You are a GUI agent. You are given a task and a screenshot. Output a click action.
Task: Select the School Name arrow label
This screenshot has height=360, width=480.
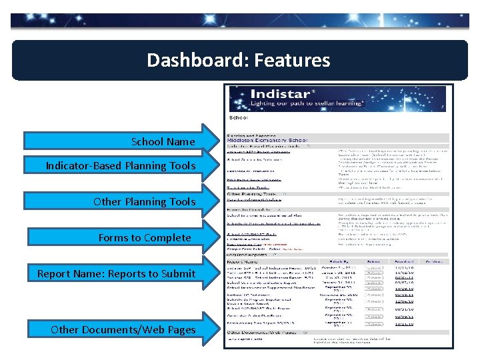click(x=163, y=141)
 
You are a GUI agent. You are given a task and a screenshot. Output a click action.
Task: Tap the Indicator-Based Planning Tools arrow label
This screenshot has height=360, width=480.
click(x=121, y=165)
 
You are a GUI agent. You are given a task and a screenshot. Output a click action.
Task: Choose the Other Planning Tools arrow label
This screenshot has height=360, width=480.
click(x=145, y=201)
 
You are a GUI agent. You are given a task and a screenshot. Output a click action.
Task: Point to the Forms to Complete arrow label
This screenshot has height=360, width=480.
click(x=145, y=237)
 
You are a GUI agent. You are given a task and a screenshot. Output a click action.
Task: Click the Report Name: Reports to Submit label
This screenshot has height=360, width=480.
click(x=117, y=273)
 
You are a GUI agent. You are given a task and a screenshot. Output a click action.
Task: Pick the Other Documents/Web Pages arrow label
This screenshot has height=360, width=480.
click(x=123, y=329)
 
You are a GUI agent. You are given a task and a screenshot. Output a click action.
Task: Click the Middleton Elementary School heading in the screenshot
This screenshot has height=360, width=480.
click(x=267, y=141)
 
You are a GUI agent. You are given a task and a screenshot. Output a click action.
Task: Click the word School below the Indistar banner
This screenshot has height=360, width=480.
click(x=239, y=117)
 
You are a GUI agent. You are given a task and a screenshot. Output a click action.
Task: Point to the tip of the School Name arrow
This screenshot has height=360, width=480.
click(x=219, y=141)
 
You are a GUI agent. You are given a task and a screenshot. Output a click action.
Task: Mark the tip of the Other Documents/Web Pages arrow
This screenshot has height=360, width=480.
click(x=219, y=329)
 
